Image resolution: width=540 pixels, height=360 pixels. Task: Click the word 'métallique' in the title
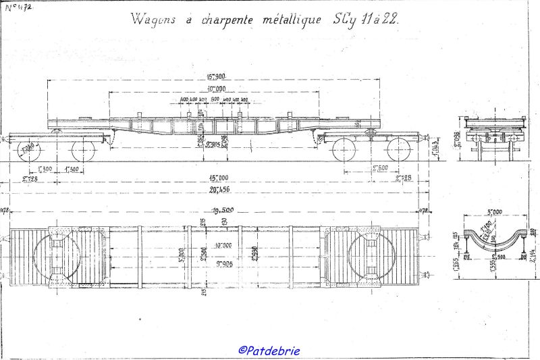289,20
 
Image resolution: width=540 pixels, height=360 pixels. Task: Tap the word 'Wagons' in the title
155,20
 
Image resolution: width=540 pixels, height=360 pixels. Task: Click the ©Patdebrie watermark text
269,350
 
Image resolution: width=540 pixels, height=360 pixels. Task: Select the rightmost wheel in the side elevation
398,149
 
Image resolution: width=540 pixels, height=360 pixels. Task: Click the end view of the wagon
494,135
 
